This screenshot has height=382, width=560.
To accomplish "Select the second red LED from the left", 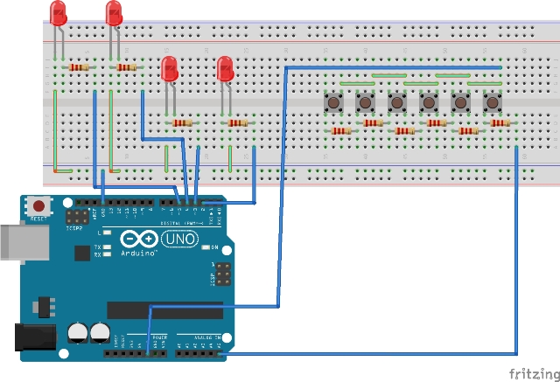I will pyautogui.click(x=114, y=13).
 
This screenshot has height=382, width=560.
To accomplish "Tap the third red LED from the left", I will pyautogui.click(x=170, y=68).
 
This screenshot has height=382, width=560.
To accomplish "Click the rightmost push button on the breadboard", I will pyautogui.click(x=492, y=102).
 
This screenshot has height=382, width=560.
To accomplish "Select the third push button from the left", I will pyautogui.click(x=397, y=102).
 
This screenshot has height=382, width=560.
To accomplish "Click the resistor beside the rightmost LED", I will pyautogui.click(x=237, y=123).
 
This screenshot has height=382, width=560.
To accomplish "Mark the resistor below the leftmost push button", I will pyautogui.click(x=341, y=131).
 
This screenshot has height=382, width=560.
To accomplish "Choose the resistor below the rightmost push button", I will pyautogui.click(x=500, y=123).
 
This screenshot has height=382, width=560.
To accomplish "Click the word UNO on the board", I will pyautogui.click(x=182, y=238).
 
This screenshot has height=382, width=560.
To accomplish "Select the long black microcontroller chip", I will pyautogui.click(x=164, y=309).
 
